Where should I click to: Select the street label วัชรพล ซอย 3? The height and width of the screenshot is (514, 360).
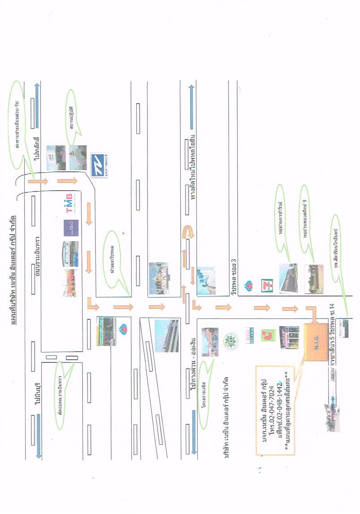(234, 278)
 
